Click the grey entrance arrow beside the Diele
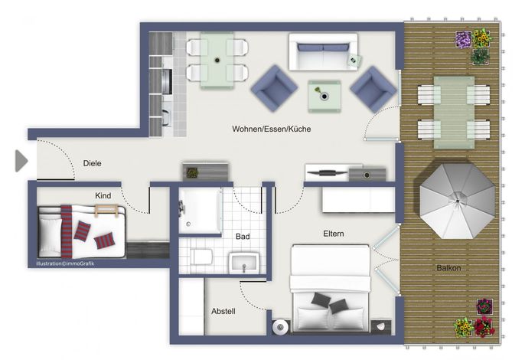click(x=21, y=161)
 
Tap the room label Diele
click(x=92, y=163)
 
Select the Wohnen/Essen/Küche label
click(x=271, y=129)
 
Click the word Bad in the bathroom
click(x=243, y=237)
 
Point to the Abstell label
click(x=223, y=312)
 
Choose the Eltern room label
click(x=334, y=234)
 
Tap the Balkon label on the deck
click(x=448, y=268)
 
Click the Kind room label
click(x=103, y=195)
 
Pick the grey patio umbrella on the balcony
click(x=458, y=201)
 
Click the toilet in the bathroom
click(x=201, y=257)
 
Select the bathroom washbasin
click(x=244, y=263)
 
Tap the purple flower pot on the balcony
click(x=464, y=40)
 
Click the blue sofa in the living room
click(x=323, y=51)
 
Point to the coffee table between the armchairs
click(x=324, y=97)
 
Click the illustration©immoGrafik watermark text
click(x=65, y=263)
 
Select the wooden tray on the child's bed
click(x=106, y=210)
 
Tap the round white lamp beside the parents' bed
click(x=280, y=327)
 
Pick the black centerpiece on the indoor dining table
click(x=217, y=61)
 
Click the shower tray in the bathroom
click(x=200, y=211)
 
